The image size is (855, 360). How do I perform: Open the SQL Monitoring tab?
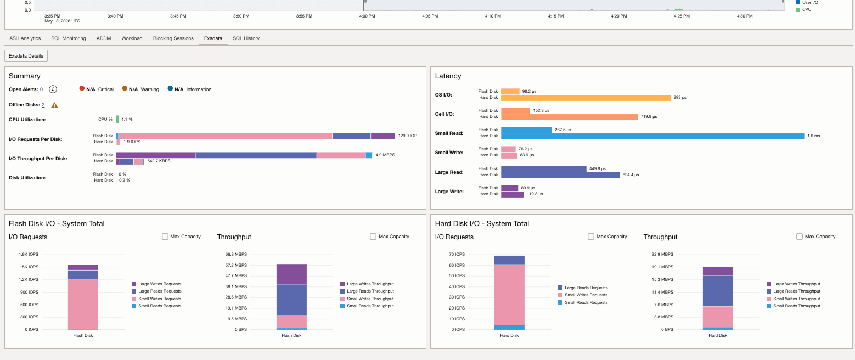pos(69,38)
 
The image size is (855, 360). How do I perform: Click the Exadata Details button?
pos(26,56)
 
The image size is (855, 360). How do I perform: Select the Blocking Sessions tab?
pos(173,38)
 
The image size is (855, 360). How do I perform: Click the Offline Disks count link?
pos(43,105)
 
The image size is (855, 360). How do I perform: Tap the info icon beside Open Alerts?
pos(53,89)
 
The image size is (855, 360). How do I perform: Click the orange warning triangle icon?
pos(54,105)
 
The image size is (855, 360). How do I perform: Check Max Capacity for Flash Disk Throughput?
pos(373,237)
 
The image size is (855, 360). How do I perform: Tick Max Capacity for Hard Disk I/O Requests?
pos(591,237)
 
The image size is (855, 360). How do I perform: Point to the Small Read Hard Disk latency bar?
pos(652,136)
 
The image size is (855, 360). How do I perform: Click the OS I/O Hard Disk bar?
pos(586,98)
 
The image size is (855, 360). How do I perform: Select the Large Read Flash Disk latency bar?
pos(544,168)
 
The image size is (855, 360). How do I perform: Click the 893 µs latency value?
pos(680,97)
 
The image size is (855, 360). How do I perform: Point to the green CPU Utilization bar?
pos(117,120)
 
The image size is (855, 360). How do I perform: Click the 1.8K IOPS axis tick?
pos(29,254)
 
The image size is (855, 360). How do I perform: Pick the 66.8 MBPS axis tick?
pos(236,254)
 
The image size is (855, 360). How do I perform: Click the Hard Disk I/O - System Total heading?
pos(482,224)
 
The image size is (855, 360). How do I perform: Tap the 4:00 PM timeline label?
pos(367,16)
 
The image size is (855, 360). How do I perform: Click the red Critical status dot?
pos(82,88)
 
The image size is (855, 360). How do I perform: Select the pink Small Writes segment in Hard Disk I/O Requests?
pos(510,295)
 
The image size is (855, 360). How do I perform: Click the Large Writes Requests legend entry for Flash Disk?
pos(156,284)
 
